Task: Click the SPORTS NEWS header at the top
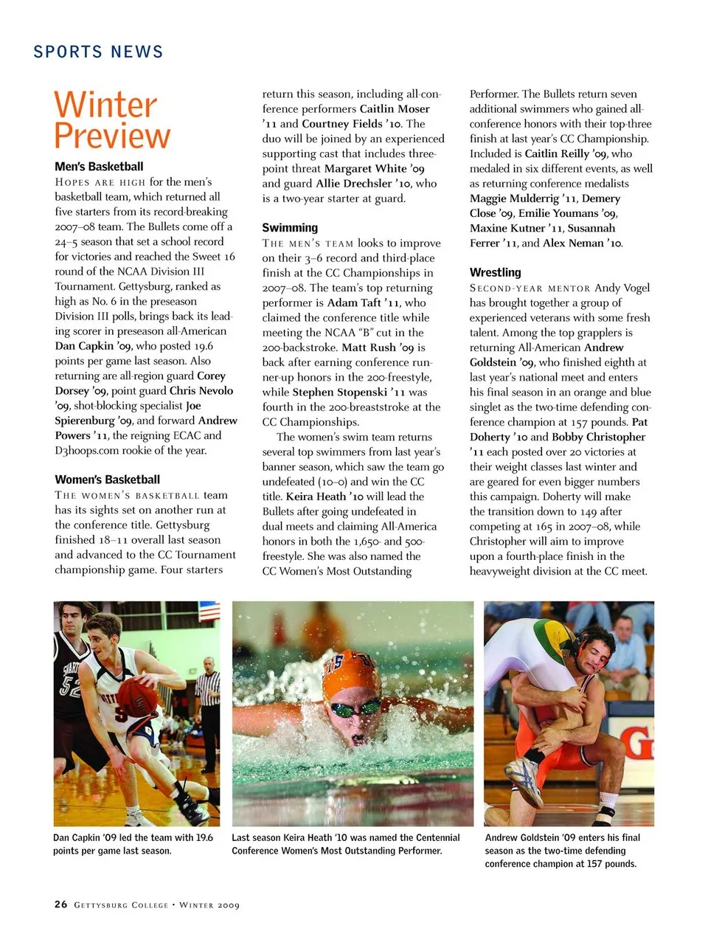pos(98,52)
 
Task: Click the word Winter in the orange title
pos(105,105)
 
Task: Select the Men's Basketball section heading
pos(99,167)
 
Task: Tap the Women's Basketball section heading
pos(107,480)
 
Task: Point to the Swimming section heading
pos(290,228)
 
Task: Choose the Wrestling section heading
pos(495,272)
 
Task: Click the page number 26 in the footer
pos(60,904)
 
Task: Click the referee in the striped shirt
pos(208,701)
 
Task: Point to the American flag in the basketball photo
pos(209,612)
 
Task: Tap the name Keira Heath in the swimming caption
pos(312,837)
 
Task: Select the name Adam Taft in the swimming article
pos(354,302)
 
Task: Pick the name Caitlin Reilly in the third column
pos(557,153)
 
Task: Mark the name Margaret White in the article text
pos(365,168)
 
